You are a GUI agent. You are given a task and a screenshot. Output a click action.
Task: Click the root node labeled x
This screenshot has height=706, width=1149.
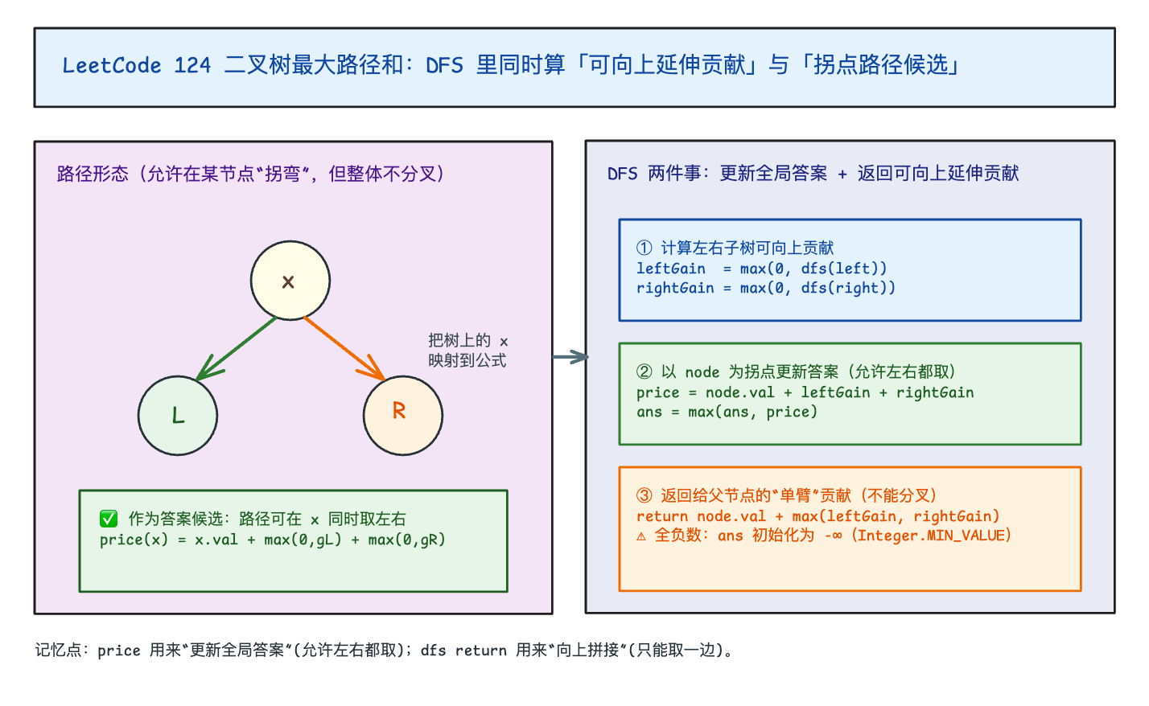[290, 281]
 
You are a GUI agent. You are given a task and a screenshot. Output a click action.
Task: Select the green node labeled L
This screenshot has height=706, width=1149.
[178, 416]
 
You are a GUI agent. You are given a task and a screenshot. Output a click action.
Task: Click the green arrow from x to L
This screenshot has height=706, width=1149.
[237, 348]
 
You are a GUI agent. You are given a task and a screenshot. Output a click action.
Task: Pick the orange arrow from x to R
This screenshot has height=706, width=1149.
[344, 348]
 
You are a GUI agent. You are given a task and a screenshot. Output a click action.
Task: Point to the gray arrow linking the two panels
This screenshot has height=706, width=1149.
[570, 356]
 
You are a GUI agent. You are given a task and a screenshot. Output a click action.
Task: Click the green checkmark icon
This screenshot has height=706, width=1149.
[109, 519]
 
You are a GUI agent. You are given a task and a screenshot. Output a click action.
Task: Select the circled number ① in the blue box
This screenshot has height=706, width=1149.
[645, 248]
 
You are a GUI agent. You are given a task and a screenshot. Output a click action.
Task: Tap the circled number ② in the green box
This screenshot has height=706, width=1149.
[645, 371]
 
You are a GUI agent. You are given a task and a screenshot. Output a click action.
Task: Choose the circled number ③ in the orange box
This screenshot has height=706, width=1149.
[645, 495]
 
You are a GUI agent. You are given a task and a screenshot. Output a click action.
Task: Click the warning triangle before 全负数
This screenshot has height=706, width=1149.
[641, 536]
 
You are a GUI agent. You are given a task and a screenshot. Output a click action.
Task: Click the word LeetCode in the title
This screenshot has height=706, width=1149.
[112, 65]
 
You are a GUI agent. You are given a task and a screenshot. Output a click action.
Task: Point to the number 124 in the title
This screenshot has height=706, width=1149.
[192, 65]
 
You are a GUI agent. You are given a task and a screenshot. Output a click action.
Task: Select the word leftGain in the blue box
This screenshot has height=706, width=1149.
[671, 269]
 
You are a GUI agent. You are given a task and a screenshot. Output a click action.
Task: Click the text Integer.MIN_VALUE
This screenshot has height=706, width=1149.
[933, 536]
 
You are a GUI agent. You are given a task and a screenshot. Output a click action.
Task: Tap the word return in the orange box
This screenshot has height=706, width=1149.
[662, 516]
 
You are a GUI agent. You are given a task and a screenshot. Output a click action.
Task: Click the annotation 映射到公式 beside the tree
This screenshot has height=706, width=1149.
[467, 360]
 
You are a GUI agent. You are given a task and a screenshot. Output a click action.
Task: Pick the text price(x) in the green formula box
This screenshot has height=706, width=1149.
[134, 540]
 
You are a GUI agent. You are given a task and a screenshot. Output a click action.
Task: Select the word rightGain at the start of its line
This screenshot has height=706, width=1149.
[675, 288]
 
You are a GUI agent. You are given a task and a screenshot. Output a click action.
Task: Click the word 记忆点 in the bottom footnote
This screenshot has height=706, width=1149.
[58, 651]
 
